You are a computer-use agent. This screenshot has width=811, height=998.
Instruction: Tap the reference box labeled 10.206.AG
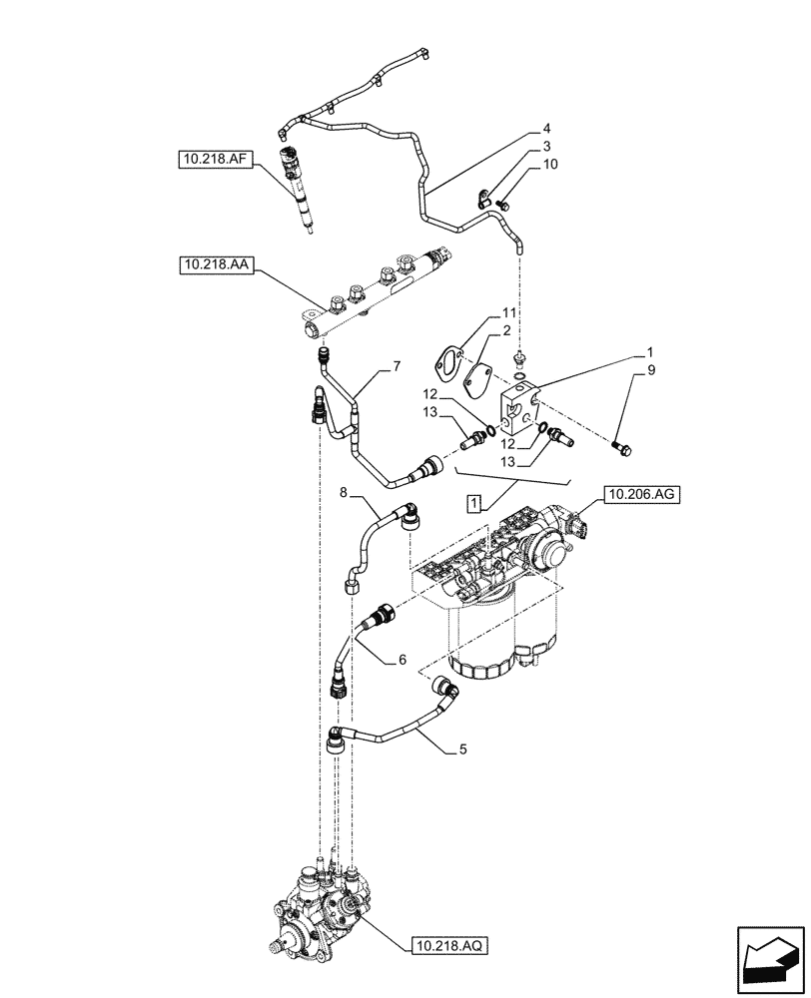pyautogui.click(x=641, y=493)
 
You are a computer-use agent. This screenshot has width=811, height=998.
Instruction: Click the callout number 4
pyautogui.click(x=546, y=129)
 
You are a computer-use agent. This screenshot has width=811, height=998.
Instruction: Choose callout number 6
pyautogui.click(x=403, y=660)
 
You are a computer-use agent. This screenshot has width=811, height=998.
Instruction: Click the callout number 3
pyautogui.click(x=546, y=147)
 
